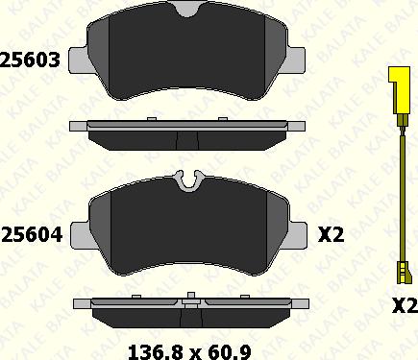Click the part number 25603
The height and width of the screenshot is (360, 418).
pos(30,60)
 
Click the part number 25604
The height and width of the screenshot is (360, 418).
pos(32,235)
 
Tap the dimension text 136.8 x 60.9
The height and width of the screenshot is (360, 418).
pos(189,352)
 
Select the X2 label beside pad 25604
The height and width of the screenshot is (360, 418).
pos(331,235)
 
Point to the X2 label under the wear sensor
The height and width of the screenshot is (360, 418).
pos(406,306)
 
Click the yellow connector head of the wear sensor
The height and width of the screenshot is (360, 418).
pos(399,90)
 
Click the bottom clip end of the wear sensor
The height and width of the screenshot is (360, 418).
pos(404,272)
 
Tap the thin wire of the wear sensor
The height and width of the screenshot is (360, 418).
pos(403,195)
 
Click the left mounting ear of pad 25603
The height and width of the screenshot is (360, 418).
pos(78,60)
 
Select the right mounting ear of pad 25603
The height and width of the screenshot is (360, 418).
pos(297,60)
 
